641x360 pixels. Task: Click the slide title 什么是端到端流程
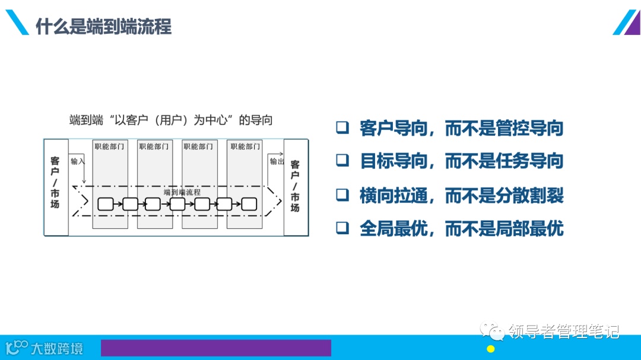pos(103,27)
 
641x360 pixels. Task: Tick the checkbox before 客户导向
pos(342,128)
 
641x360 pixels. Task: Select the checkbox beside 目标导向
pos(342,160)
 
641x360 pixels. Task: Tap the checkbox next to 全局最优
pos(342,228)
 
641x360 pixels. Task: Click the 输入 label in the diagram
pos(78,161)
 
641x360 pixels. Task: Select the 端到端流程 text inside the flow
pos(182,192)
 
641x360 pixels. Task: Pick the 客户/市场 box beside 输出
pos(295,186)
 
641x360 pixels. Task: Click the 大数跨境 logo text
pos(57,348)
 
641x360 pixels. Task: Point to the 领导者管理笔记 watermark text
pos(563,331)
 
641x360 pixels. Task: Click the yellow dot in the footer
pos(491,349)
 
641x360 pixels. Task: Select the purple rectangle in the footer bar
pos(215,348)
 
